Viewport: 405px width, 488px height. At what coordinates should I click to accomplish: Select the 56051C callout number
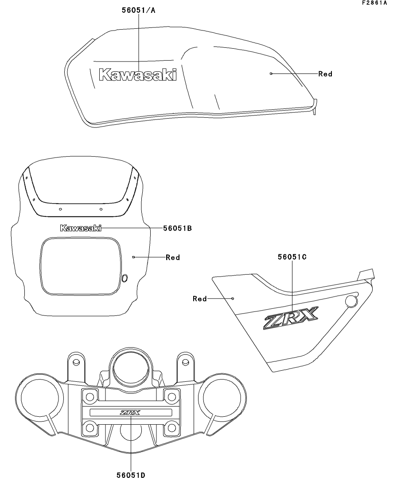[292, 257]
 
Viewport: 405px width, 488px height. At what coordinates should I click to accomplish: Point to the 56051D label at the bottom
[131, 476]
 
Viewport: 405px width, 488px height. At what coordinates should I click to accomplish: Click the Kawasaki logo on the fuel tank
[137, 74]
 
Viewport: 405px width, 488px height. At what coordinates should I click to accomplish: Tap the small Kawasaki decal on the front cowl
[81, 228]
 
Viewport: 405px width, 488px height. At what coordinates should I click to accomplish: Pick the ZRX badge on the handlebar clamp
[130, 413]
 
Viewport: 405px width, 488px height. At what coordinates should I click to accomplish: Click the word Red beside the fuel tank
[325, 74]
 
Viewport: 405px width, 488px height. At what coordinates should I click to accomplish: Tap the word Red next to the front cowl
[173, 257]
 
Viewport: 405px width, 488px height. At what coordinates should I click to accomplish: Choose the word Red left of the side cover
[200, 299]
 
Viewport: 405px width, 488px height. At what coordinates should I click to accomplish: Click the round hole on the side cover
[351, 302]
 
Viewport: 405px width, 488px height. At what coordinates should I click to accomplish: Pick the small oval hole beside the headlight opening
[125, 277]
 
